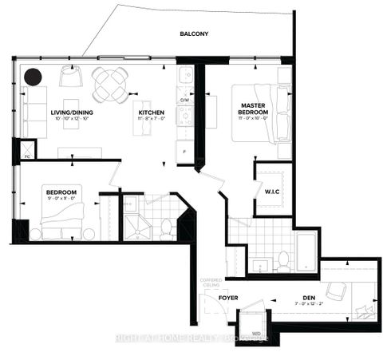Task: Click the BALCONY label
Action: tap(193, 34)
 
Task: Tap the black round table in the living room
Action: tap(34, 77)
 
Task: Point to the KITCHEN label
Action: tap(152, 113)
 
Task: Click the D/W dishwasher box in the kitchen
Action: tap(184, 101)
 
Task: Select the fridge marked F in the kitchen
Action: tap(184, 149)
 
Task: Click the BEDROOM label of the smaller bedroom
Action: tap(61, 192)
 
